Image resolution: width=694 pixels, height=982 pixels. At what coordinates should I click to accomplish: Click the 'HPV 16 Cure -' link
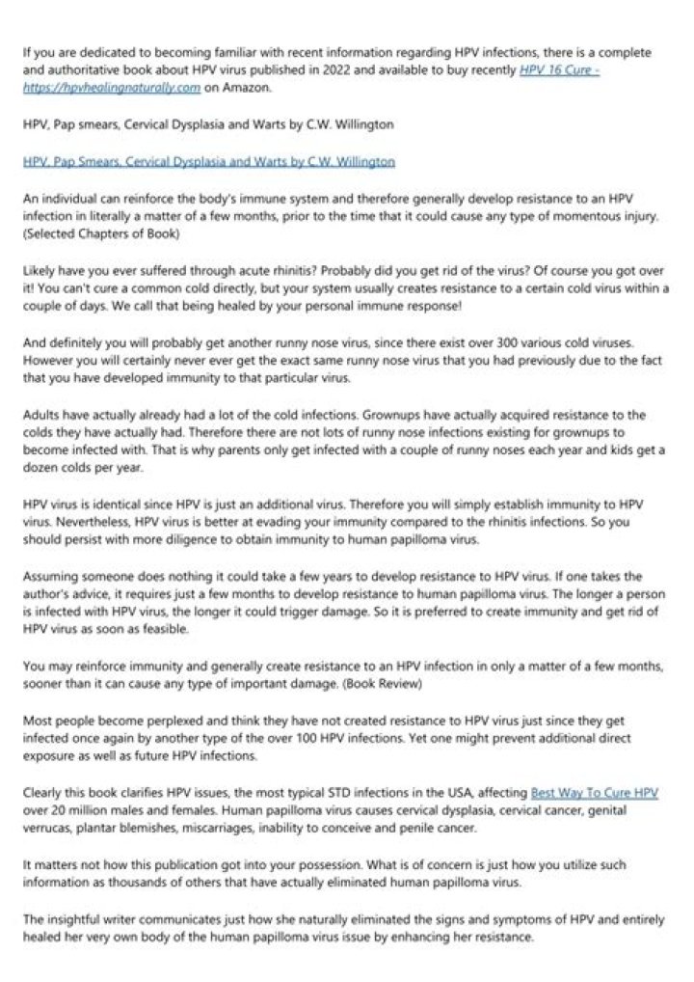click(559, 70)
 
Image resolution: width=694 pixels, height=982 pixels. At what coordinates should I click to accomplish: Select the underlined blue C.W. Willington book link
click(208, 160)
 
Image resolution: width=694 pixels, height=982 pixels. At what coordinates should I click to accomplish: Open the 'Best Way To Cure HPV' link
click(595, 793)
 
